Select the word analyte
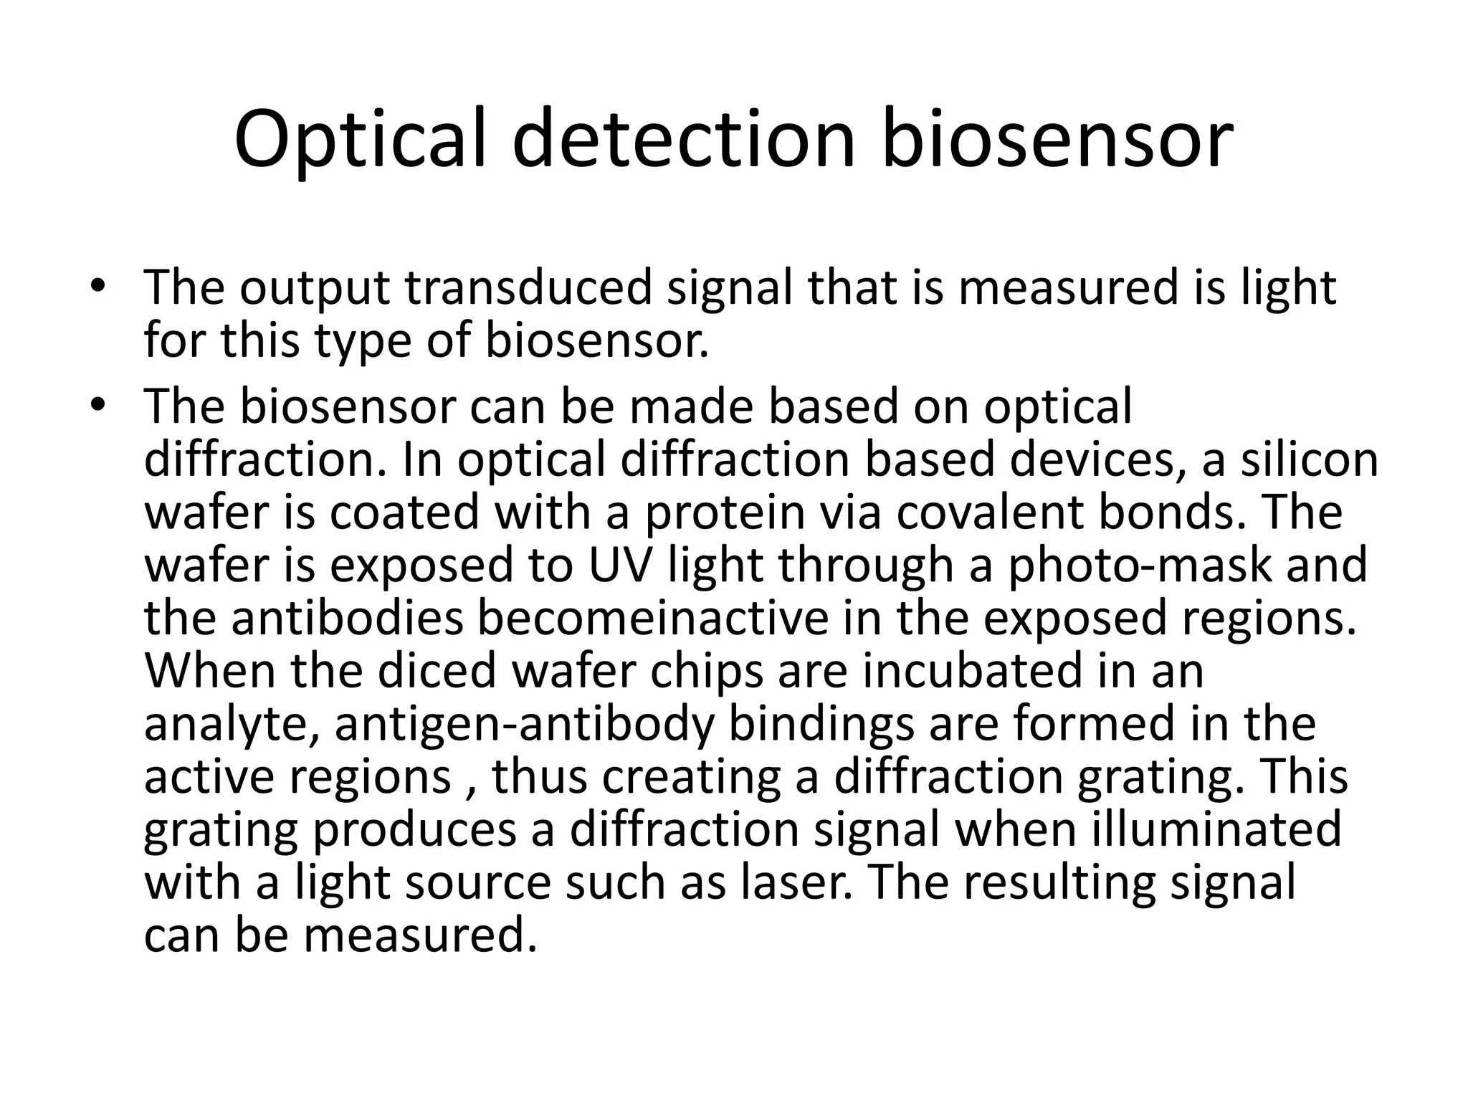[232, 724]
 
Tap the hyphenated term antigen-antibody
[525, 724]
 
